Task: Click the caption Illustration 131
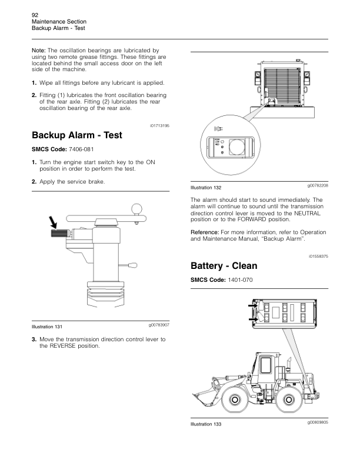point(48,327)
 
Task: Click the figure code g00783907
point(159,325)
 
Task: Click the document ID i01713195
point(160,125)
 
